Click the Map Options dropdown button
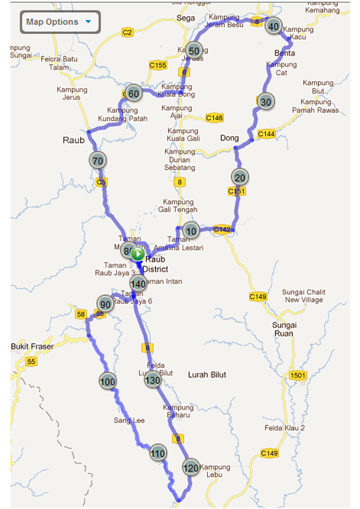point(60,22)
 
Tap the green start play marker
point(138,254)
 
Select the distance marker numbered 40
point(273,26)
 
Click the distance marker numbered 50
point(194,51)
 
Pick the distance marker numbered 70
point(98,161)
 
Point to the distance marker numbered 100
point(108,381)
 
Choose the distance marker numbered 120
point(191,468)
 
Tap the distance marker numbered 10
point(191,231)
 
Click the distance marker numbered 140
point(138,283)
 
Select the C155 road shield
point(158,65)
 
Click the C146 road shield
point(214,118)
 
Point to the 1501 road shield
point(298,375)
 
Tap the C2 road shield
point(127,32)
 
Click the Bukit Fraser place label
point(32,346)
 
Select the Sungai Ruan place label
point(284,329)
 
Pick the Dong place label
point(229,138)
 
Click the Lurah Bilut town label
point(207,375)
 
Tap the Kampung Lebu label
point(215,471)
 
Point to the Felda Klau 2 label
point(285,428)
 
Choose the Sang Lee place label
point(129,421)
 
